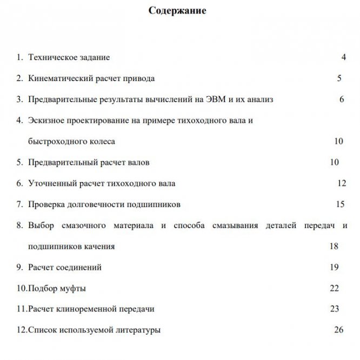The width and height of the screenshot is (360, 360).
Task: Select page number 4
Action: [343, 57]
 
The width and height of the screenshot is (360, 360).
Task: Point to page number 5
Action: [339, 78]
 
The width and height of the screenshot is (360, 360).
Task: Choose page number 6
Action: [342, 99]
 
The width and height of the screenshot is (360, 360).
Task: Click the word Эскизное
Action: [46, 120]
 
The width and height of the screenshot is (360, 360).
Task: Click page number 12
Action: [341, 183]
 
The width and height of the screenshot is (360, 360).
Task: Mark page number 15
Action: [340, 204]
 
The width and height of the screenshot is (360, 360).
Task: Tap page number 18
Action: [334, 246]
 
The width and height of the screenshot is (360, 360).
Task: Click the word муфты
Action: [74, 288]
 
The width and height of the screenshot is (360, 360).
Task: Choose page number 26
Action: [339, 329]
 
